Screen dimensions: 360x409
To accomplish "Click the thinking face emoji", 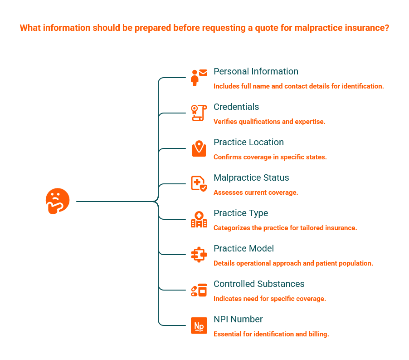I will coord(57,201).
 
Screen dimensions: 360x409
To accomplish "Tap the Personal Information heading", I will coord(256,72).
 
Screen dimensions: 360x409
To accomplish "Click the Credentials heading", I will coord(236,107).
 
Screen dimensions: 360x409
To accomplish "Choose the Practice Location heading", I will coord(248,143).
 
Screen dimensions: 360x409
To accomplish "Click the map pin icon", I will coord(199,148).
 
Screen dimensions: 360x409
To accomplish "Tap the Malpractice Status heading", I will coord(251,178).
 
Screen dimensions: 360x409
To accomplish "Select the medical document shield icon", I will coord(199,184).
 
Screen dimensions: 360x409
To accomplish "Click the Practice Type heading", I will coord(241,213).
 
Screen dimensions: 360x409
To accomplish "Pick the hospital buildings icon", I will coord(199,219).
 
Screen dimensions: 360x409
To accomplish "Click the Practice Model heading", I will coord(243,249).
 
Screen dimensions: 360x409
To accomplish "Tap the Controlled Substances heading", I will coord(259,284).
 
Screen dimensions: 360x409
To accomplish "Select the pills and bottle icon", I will coord(199,290).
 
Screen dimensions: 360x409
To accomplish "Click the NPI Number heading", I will coord(238,320).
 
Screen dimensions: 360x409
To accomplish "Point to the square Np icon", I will coord(199,325).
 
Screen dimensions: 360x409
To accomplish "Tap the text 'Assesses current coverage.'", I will coord(256,192).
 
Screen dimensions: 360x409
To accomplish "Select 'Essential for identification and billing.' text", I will coord(271,334).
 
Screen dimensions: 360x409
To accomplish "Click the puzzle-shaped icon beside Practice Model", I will coord(199,255).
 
